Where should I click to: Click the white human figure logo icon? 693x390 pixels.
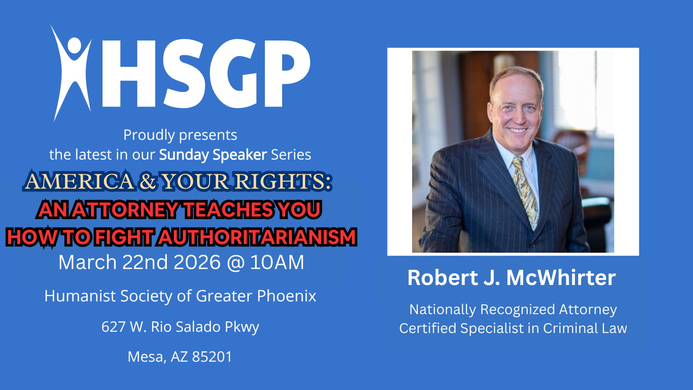coord(72,73)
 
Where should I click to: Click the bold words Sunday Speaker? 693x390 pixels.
coord(213,155)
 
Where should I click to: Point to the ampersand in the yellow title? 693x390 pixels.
coord(147,181)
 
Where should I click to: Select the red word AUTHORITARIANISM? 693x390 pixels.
coord(257,237)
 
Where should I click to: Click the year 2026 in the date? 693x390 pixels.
coord(197,262)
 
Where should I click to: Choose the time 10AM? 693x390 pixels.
coord(277,262)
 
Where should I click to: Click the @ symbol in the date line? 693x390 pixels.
coord(235,263)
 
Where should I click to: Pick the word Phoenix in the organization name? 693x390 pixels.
coord(287,296)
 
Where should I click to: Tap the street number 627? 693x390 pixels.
coord(113,327)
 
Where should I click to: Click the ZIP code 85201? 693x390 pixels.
coord(212,357)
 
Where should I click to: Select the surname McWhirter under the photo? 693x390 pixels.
coord(561,278)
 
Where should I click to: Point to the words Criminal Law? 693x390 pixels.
coord(585,328)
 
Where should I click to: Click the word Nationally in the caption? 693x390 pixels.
coord(443,310)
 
